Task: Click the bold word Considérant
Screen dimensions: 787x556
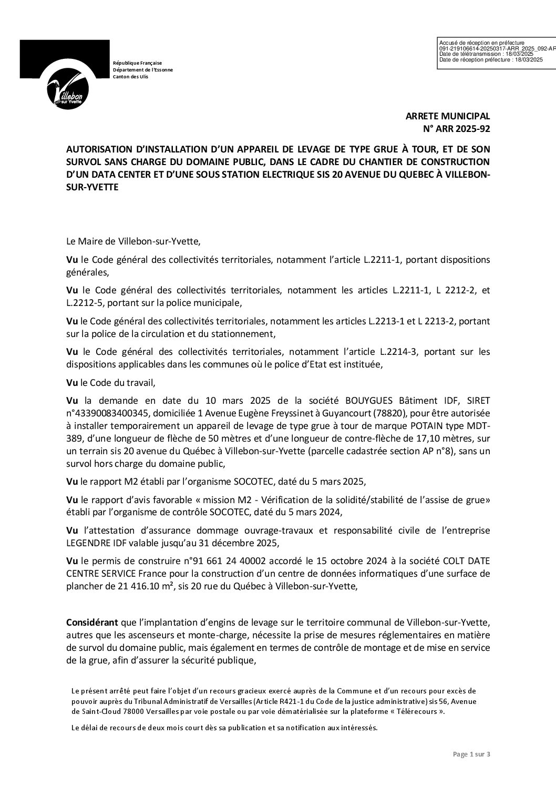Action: [x=92, y=622]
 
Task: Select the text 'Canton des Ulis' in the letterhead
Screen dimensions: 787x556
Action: [x=130, y=77]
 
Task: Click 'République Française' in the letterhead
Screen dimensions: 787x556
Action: [x=138, y=63]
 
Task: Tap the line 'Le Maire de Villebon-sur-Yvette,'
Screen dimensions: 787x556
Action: [x=133, y=242]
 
